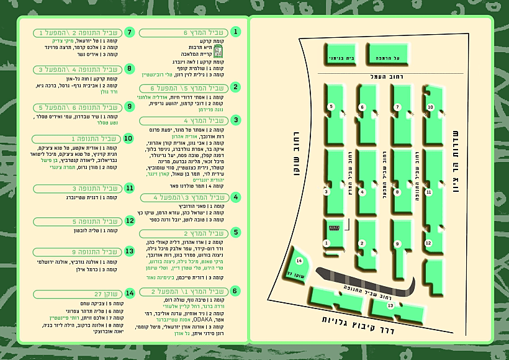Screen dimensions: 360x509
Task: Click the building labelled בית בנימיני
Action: pos(337,58)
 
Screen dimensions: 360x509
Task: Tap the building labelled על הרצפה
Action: pos(390,58)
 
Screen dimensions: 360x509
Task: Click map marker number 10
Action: pos(430,107)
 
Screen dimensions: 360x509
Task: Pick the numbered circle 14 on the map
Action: pos(299,261)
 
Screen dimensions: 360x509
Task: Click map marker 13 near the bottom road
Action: pos(390,305)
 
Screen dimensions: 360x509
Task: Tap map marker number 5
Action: pos(331,107)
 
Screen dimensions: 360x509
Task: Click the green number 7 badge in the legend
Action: pos(129,32)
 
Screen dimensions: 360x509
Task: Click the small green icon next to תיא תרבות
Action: pos(227,50)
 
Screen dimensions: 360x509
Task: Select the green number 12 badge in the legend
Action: pos(129,220)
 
